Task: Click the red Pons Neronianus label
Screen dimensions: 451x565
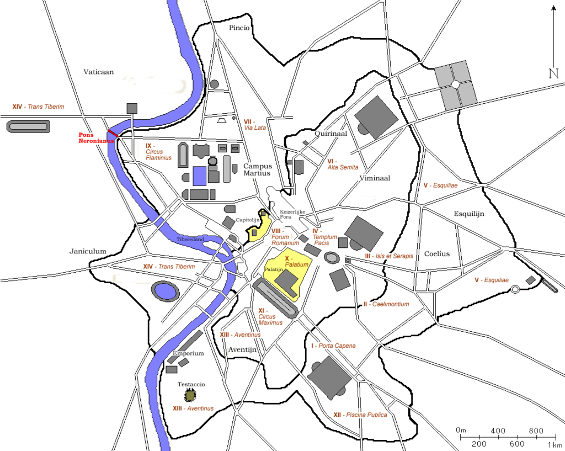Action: click(x=95, y=137)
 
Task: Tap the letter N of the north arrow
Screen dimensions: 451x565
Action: click(x=553, y=73)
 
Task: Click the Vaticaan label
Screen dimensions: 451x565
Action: click(x=99, y=72)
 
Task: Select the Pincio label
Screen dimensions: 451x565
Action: click(x=239, y=28)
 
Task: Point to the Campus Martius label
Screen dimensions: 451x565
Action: click(x=258, y=169)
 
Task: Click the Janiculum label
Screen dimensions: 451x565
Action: click(x=88, y=251)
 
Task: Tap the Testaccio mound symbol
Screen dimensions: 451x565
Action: click(x=190, y=396)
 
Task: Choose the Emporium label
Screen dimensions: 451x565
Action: click(x=188, y=353)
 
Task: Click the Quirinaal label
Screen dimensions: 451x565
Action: click(x=331, y=134)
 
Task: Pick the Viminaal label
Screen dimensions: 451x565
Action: click(x=375, y=178)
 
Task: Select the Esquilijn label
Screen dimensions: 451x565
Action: click(x=469, y=214)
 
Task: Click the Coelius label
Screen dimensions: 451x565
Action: click(x=437, y=254)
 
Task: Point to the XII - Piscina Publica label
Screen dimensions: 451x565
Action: click(x=360, y=415)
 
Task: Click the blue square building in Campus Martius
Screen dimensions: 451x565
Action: click(x=199, y=176)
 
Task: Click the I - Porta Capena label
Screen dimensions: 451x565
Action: click(x=333, y=346)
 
